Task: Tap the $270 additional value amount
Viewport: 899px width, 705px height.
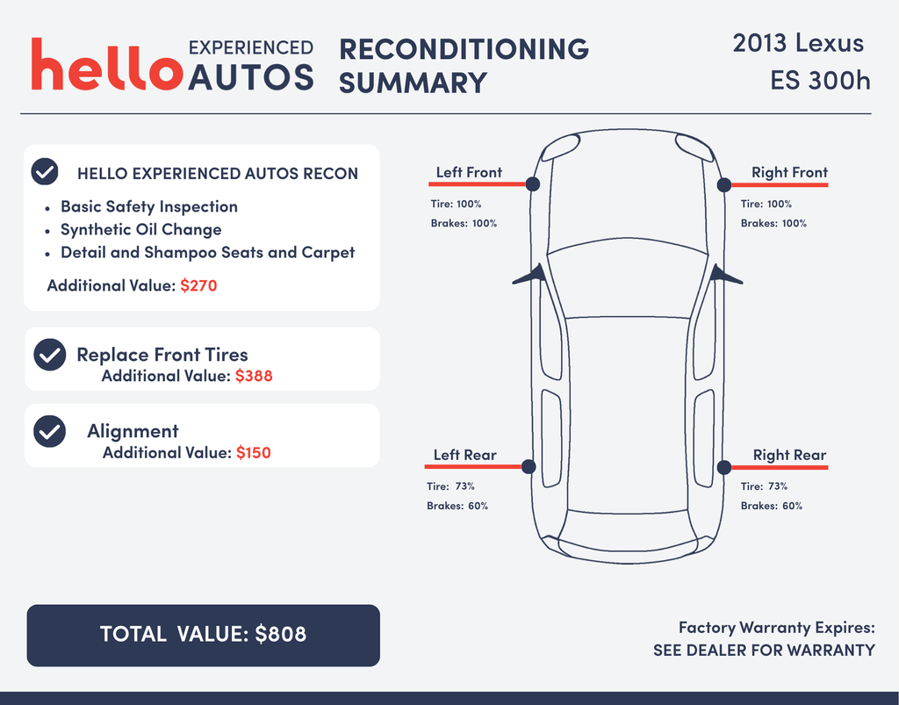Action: click(x=198, y=285)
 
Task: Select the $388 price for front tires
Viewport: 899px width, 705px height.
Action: click(x=254, y=376)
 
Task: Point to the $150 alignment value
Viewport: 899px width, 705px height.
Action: click(x=253, y=452)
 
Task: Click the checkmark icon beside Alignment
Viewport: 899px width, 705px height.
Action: click(x=49, y=431)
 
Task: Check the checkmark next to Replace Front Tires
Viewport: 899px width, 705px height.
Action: click(x=49, y=355)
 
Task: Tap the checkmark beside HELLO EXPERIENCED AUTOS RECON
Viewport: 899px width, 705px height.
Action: click(x=45, y=171)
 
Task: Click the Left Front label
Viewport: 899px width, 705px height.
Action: click(x=469, y=172)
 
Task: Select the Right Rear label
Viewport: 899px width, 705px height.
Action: click(x=789, y=455)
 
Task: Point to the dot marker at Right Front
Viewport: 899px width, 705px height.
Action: click(x=724, y=184)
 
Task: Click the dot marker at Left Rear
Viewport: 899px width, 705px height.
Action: click(x=529, y=467)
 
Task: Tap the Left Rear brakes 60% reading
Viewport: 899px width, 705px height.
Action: click(x=457, y=506)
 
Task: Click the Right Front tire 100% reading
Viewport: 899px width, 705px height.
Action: click(x=766, y=204)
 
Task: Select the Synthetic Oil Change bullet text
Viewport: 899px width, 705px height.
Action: click(x=140, y=229)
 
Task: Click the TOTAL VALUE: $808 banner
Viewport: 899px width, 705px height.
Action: click(x=203, y=634)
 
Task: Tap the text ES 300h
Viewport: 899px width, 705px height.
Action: click(x=820, y=80)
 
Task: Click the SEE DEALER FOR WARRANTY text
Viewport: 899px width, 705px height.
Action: click(x=764, y=651)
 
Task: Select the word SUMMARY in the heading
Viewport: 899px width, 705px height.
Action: click(x=413, y=83)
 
